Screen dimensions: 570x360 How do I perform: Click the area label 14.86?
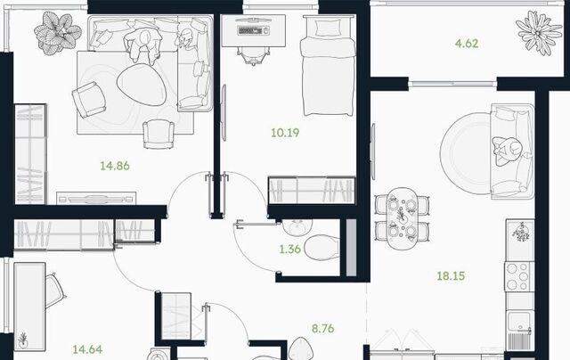115,166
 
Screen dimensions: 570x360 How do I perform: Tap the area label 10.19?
285,133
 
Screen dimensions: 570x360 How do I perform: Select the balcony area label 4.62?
467,44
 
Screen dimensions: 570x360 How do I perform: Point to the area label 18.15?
451,276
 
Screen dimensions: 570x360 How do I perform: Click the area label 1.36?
289,250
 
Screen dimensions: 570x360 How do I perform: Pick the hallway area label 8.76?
322,329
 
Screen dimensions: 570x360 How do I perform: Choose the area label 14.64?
87,350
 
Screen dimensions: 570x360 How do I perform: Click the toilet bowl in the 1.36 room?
322,247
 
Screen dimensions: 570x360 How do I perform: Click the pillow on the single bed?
327,28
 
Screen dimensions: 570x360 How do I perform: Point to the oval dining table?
402,217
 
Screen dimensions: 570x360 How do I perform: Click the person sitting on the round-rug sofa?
507,151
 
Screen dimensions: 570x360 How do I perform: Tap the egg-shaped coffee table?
142,85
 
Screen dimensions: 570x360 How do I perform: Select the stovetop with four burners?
519,277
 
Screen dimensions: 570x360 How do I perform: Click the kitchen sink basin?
520,322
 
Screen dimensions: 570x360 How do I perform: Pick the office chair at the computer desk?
253,56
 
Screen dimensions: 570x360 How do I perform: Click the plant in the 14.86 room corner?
57,33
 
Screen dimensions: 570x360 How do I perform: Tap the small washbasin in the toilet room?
297,227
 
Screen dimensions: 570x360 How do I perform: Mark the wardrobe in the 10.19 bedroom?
312,191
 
